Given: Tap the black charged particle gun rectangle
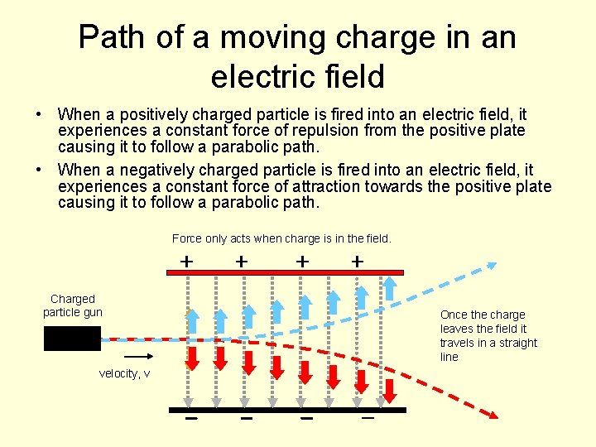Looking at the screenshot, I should pos(72,338).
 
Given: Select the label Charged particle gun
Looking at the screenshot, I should pos(73,305).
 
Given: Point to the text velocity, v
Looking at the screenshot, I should pos(124,373).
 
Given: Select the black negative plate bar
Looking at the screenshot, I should pos(287,410).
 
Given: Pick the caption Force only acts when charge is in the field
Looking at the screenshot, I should pos(281,238).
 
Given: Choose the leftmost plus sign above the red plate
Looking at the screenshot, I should pos(188,261).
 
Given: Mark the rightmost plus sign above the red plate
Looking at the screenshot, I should pos(357,261).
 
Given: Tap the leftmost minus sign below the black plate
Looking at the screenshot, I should pos(191,419).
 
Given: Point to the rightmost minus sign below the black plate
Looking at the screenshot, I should pos(368,419).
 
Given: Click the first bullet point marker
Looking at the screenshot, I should pos(40,113).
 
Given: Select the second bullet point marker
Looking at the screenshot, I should pos(40,169).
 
